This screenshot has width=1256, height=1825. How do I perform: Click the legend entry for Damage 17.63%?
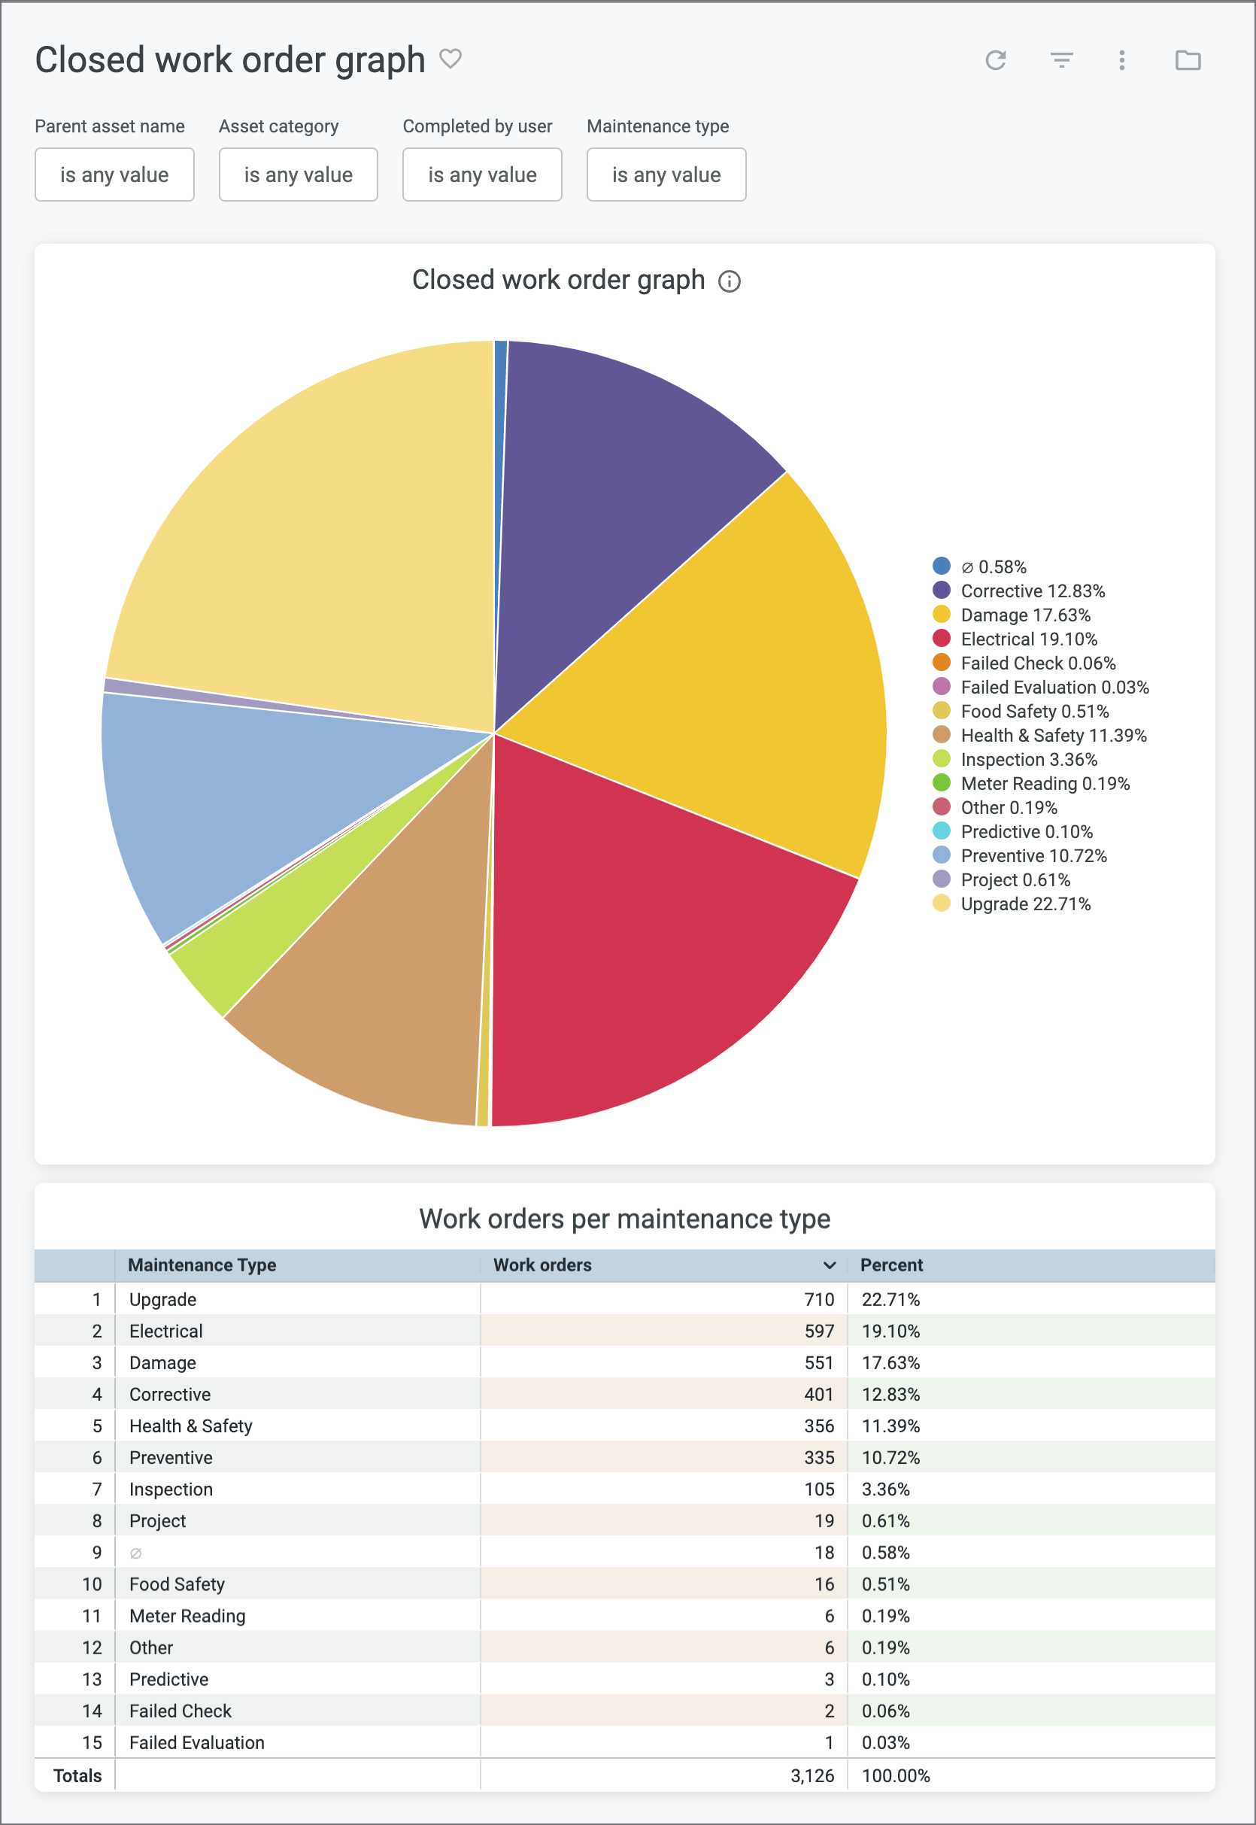[x=1024, y=615]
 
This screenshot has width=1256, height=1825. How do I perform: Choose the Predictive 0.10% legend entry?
[x=1025, y=832]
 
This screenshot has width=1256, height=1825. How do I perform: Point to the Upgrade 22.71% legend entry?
[x=1024, y=904]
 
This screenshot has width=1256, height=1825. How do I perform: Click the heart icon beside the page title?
[x=451, y=59]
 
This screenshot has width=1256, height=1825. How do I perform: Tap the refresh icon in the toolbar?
[x=996, y=60]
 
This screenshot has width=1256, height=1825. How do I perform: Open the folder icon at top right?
[x=1188, y=60]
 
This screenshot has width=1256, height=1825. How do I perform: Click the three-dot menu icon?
[x=1121, y=60]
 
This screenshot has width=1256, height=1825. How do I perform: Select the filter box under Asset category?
[x=299, y=175]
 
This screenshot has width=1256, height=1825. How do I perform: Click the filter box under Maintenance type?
[x=666, y=175]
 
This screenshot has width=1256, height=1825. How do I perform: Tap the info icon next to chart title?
[x=730, y=282]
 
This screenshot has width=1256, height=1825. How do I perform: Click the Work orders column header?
[x=542, y=1265]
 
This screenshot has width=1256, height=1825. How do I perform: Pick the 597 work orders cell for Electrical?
[x=818, y=1331]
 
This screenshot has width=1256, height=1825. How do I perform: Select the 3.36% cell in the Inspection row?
[x=885, y=1489]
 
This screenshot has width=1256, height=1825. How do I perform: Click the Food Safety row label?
[x=177, y=1584]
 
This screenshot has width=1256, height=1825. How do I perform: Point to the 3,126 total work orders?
[x=812, y=1775]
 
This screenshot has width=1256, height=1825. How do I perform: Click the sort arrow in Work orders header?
[x=830, y=1265]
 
